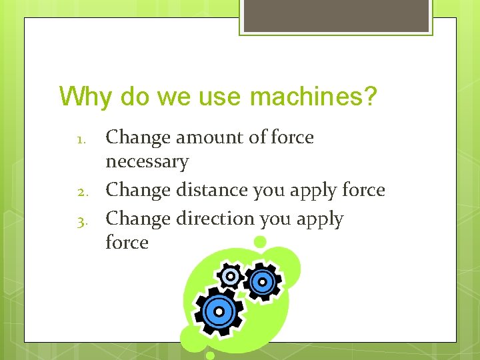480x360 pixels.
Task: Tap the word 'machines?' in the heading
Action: point(313,97)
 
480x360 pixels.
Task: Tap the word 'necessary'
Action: point(147,161)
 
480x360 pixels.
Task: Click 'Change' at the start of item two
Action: point(138,190)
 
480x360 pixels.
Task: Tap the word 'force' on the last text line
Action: point(127,242)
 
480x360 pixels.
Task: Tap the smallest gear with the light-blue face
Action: point(231,275)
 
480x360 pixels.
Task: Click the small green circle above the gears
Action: point(260,241)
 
